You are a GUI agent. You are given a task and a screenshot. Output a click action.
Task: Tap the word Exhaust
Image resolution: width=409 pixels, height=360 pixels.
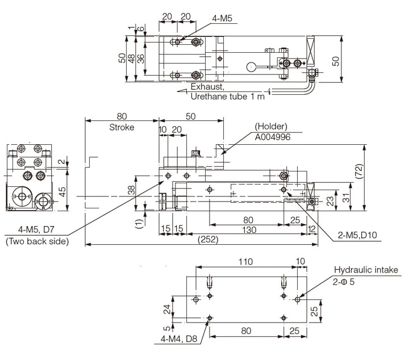(x=208, y=87)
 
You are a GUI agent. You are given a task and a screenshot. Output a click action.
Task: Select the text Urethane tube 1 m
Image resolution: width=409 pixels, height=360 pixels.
(x=227, y=97)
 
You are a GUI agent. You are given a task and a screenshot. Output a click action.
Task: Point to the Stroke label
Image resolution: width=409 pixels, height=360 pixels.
(x=122, y=127)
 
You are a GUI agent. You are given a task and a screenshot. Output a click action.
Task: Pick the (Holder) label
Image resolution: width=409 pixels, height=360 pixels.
(x=272, y=126)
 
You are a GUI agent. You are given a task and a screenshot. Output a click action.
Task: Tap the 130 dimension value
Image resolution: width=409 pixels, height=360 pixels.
(x=248, y=229)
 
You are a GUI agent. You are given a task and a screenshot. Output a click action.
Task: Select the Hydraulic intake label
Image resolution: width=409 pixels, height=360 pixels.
(x=367, y=270)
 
